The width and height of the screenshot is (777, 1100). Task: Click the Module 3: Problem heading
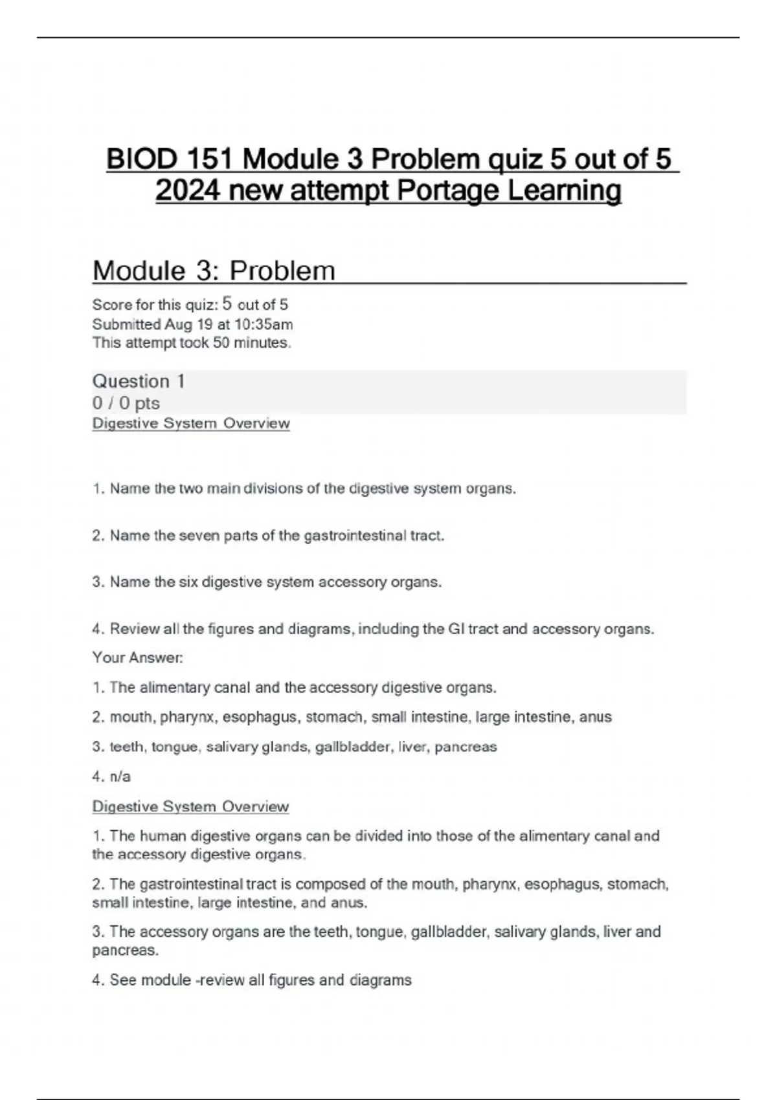(214, 270)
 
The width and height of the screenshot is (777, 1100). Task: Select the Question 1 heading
(139, 381)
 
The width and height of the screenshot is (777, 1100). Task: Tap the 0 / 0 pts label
(126, 403)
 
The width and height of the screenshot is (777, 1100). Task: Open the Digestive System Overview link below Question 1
(191, 423)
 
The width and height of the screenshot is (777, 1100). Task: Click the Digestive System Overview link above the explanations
(190, 806)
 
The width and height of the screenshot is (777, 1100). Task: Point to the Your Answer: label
(137, 657)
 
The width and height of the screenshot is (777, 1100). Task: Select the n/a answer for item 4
(120, 776)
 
